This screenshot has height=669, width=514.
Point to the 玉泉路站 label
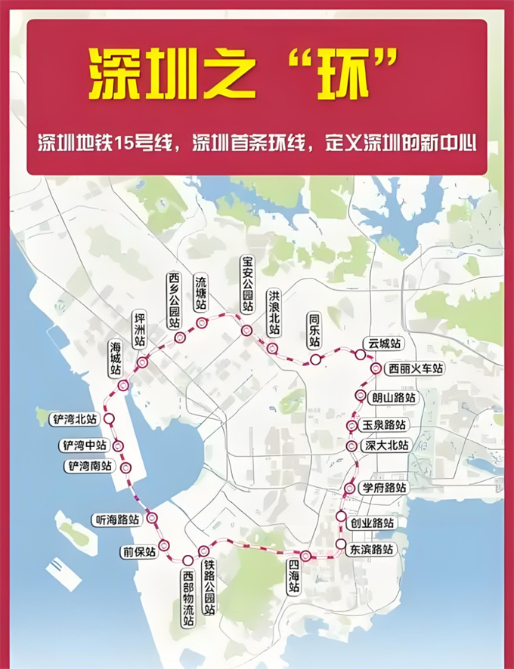pyautogui.click(x=383, y=425)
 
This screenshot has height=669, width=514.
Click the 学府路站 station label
pyautogui.click(x=383, y=488)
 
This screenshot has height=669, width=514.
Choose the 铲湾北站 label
pyautogui.click(x=73, y=418)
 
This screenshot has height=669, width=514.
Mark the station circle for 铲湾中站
pyautogui.click(x=118, y=445)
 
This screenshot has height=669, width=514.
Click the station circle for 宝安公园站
pyautogui.click(x=246, y=331)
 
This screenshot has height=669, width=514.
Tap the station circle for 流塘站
pyautogui.click(x=202, y=323)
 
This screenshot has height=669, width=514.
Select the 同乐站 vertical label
pyautogui.click(x=314, y=331)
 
